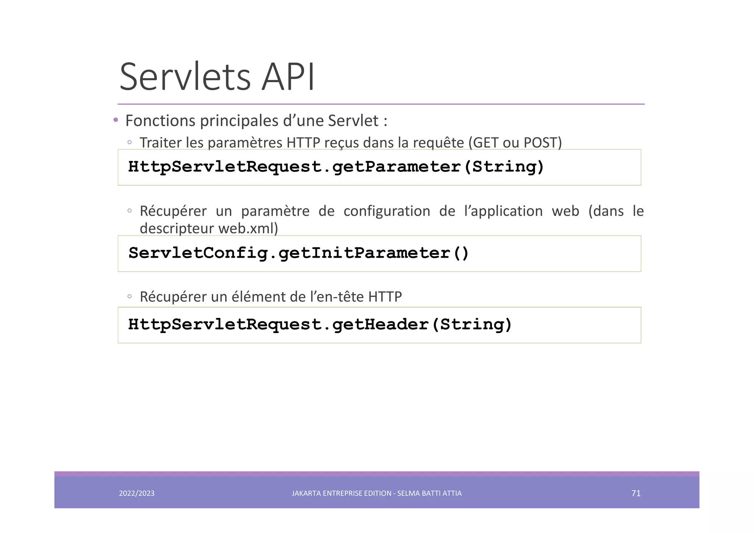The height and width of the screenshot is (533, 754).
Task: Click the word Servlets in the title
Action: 185,77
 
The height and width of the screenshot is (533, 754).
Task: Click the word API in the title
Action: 288,77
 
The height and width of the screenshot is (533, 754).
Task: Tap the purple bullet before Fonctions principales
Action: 116,120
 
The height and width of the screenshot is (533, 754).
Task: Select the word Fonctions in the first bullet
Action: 160,121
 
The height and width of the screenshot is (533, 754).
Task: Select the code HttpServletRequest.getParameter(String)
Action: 336,167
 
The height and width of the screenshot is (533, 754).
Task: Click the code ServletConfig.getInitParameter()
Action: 299,253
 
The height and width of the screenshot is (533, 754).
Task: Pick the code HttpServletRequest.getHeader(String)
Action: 320,325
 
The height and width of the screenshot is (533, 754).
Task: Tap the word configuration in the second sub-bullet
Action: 387,211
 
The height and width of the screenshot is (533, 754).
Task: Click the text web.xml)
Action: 248,229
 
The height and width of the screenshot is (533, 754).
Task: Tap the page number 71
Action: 636,493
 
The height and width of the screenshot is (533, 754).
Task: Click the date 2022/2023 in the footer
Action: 137,493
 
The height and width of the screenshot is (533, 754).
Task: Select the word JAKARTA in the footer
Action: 306,493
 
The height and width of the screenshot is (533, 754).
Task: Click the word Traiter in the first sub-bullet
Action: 161,143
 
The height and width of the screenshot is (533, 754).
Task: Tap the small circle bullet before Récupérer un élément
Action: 130,296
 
